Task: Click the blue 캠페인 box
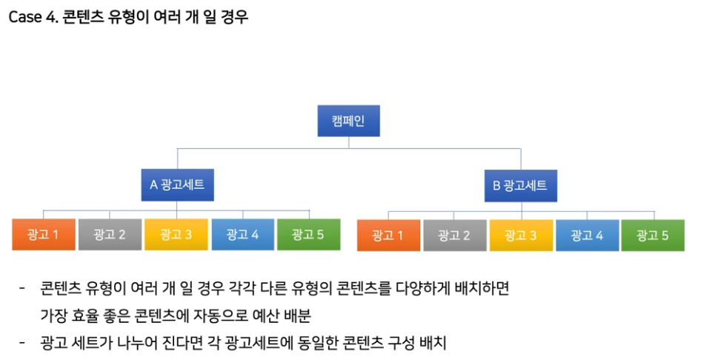click(x=348, y=121)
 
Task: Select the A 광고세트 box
click(x=177, y=184)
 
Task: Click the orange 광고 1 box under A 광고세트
click(x=43, y=235)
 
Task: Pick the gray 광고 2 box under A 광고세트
click(x=109, y=235)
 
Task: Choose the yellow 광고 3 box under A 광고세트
click(x=176, y=235)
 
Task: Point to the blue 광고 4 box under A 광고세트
click(x=242, y=235)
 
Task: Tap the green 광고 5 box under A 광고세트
click(x=308, y=235)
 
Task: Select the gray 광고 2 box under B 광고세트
click(x=454, y=236)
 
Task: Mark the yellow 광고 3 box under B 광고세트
click(x=520, y=236)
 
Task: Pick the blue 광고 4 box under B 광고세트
click(x=587, y=236)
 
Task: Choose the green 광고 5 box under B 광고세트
click(x=653, y=236)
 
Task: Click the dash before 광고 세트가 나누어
click(x=22, y=343)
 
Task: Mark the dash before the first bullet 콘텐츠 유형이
click(x=22, y=289)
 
